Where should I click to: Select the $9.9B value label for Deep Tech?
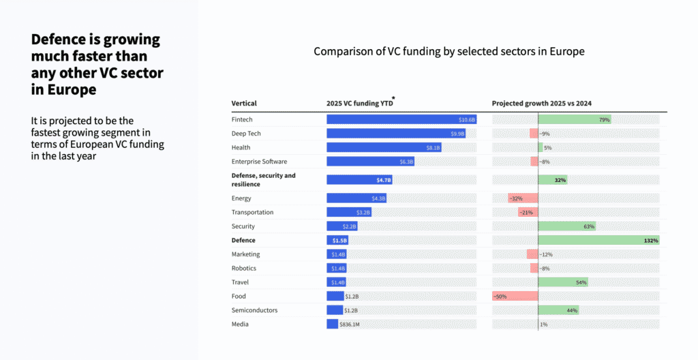pos(457,134)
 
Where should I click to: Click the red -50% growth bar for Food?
pos(515,297)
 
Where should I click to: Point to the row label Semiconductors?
pos(254,310)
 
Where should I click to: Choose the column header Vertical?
pos(244,104)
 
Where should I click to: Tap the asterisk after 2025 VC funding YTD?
pos(393,99)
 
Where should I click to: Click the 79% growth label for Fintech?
pos(604,119)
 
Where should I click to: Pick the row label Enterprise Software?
pos(259,162)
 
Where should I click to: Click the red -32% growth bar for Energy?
pos(523,198)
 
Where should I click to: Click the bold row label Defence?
pos(243,241)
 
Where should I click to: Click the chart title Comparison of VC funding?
pos(449,52)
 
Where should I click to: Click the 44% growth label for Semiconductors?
pos(572,310)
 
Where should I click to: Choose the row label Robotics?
pos(244,269)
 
